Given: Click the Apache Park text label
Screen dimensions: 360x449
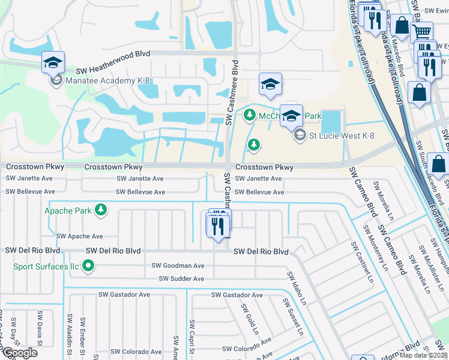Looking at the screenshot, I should [x=67, y=211].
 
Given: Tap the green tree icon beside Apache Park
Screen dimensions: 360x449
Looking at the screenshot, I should [x=101, y=209].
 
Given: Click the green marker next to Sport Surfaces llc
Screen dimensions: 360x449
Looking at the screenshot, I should [x=88, y=265].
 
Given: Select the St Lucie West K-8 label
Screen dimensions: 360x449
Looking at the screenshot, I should [x=342, y=136].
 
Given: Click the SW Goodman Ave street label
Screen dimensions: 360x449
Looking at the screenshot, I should [x=178, y=265].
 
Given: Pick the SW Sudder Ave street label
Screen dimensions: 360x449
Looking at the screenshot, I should [x=182, y=279].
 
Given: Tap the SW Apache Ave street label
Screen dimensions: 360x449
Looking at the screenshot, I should [x=79, y=237].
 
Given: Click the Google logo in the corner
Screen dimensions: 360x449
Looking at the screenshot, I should [x=19, y=353].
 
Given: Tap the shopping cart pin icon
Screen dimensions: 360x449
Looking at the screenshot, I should [x=422, y=31].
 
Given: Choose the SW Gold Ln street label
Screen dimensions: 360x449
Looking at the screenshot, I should [x=250, y=319].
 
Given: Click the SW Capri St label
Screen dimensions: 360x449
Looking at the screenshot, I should [x=191, y=339].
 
